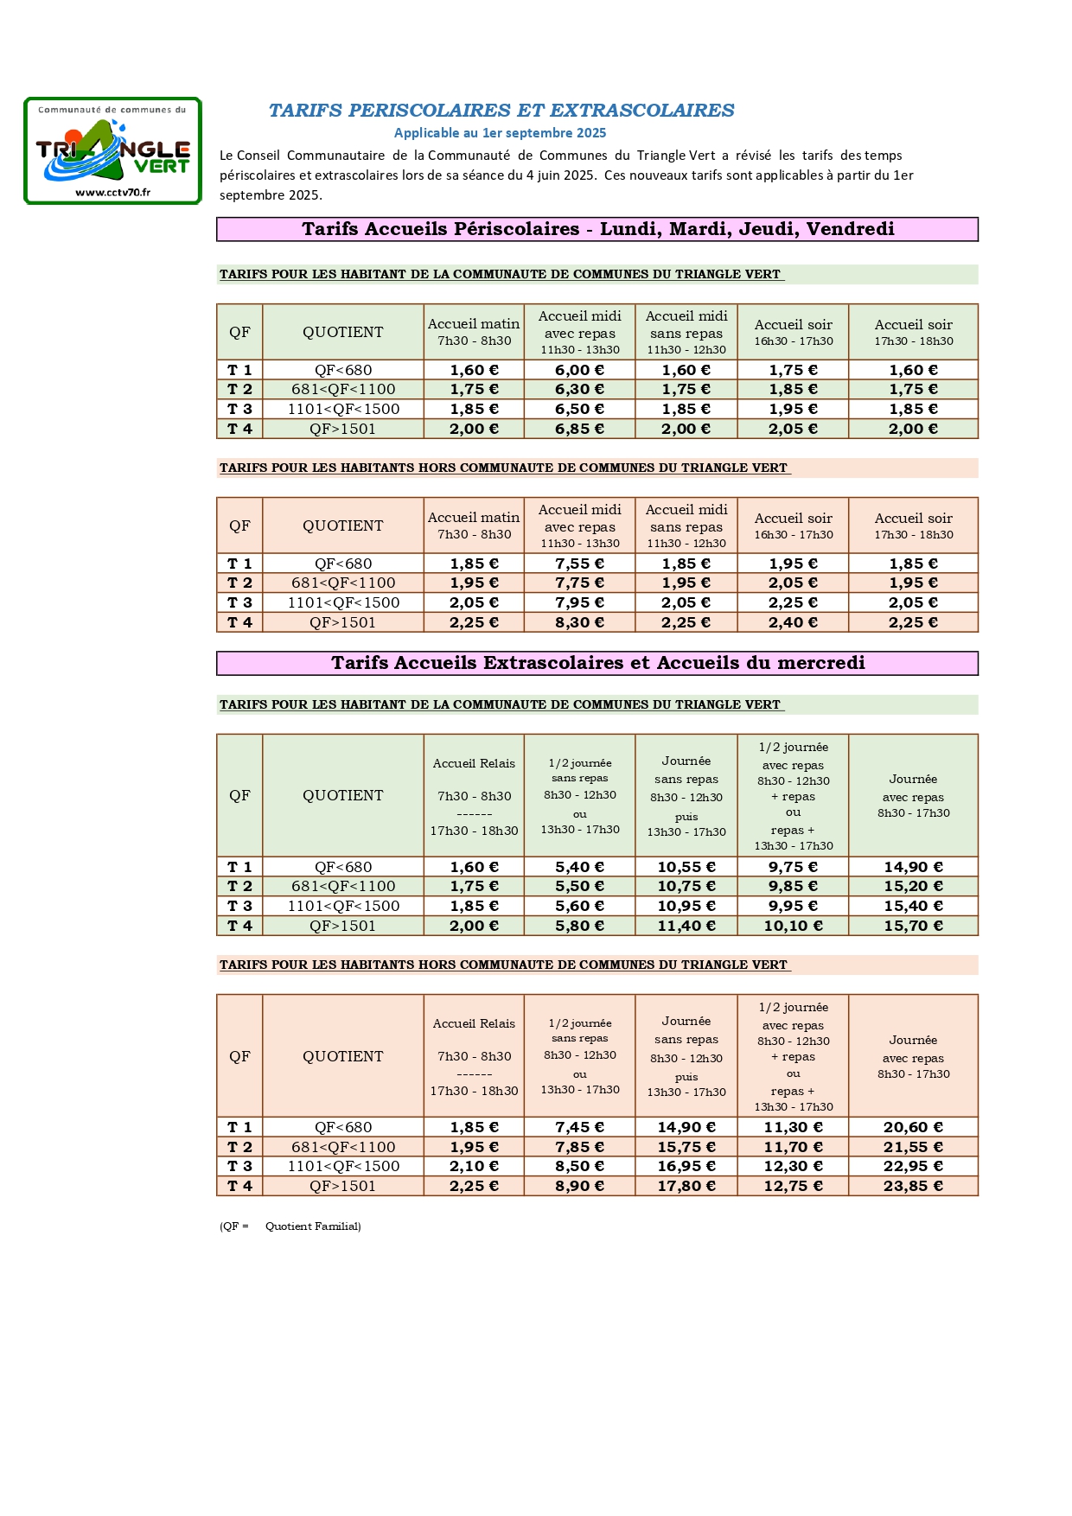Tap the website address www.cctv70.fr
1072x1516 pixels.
click(112, 193)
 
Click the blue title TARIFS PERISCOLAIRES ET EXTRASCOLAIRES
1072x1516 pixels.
click(501, 111)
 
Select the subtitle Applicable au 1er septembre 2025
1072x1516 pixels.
click(500, 133)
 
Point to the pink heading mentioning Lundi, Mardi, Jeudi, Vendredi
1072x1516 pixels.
click(597, 229)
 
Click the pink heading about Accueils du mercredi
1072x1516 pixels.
click(597, 663)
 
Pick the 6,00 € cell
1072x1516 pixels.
click(579, 370)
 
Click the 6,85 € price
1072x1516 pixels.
click(579, 429)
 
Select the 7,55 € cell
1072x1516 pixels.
click(579, 564)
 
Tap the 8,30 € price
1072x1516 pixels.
click(579, 622)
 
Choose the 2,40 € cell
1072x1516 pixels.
click(793, 622)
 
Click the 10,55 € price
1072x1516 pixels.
click(686, 867)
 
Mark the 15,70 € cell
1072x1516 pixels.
click(913, 926)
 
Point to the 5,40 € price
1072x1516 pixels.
click(579, 867)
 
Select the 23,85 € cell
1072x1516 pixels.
click(913, 1186)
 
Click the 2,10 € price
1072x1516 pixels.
click(474, 1166)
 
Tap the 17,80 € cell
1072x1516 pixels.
click(686, 1186)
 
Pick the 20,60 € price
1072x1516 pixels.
click(913, 1127)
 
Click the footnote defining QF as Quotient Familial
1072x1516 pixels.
click(290, 1226)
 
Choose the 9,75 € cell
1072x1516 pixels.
click(793, 867)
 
